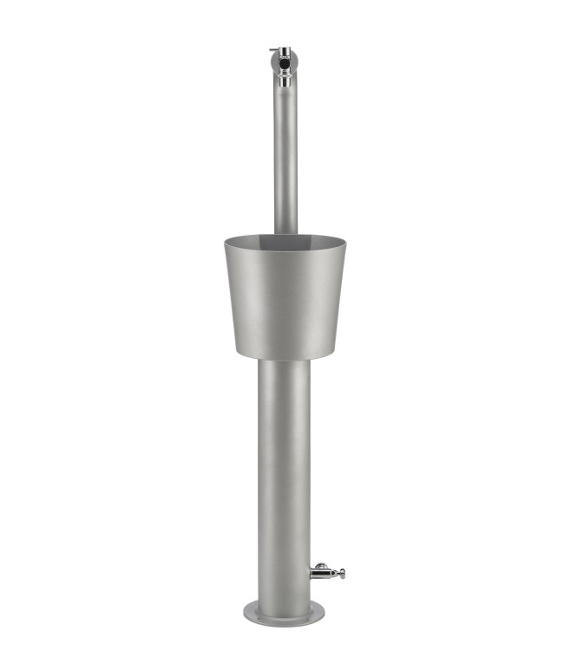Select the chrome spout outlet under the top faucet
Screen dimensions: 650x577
point(284,81)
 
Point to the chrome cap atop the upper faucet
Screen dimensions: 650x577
point(284,50)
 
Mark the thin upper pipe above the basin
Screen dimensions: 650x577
point(285,156)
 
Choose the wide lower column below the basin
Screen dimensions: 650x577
point(285,468)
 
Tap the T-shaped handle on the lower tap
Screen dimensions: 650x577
point(339,573)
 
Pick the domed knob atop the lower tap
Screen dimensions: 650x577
point(320,564)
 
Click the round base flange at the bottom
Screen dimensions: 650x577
point(285,614)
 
